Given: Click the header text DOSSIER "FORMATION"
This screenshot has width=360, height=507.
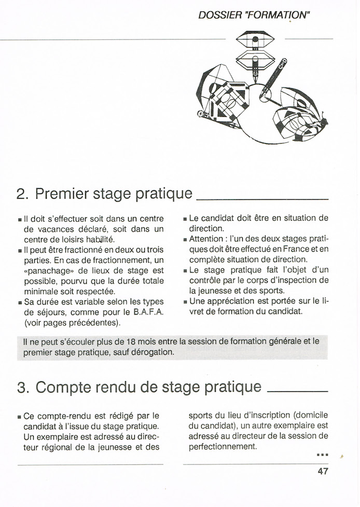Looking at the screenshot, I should [x=254, y=15].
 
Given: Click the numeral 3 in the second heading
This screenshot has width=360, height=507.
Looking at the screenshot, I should [x=21, y=387].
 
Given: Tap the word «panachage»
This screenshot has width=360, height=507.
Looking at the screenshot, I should [x=46, y=270].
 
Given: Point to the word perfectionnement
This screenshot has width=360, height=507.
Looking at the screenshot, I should [x=223, y=446].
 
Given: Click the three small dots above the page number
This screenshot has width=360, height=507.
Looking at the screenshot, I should [x=322, y=455].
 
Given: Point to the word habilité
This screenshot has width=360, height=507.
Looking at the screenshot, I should [x=100, y=239].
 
